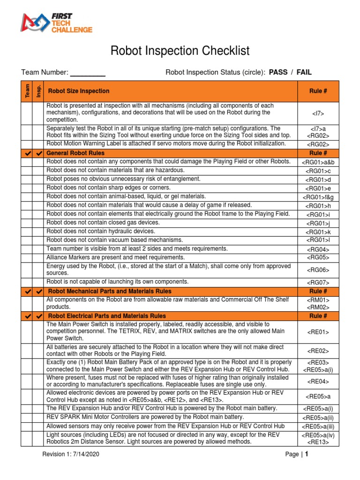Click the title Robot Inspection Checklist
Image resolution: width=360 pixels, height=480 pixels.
pyautogui.click(x=180, y=51)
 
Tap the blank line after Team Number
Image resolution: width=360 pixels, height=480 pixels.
pyautogui.click(x=88, y=73)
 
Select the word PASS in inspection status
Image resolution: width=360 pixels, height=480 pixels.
pyautogui.click(x=278, y=72)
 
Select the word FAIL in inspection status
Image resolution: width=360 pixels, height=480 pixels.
pyautogui.click(x=304, y=72)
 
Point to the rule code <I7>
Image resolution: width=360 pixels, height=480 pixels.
pyautogui.click(x=318, y=113)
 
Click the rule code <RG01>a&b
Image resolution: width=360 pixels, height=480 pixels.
pyautogui.click(x=318, y=162)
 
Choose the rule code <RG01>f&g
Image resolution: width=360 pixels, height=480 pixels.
pyautogui.click(x=318, y=197)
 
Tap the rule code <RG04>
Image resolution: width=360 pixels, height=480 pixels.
pyautogui.click(x=318, y=250)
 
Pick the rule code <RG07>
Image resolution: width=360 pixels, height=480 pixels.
pyautogui.click(x=318, y=283)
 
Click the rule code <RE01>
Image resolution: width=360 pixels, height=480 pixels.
pyautogui.click(x=318, y=332)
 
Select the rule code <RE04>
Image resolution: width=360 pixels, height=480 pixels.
pyautogui.click(x=318, y=381)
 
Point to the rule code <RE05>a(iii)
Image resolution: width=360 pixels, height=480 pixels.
pyautogui.click(x=318, y=427)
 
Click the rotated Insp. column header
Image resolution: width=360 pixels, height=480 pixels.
pyautogui.click(x=38, y=91)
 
